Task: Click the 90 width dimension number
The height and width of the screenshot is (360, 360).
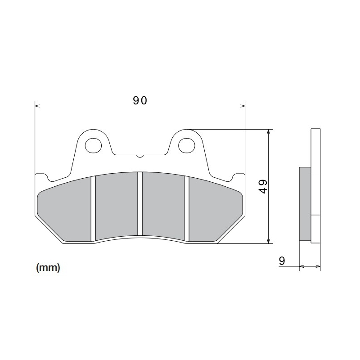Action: pos(140,100)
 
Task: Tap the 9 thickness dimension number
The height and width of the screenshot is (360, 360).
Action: pos(282,261)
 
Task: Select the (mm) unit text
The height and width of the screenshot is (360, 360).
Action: pos(48,268)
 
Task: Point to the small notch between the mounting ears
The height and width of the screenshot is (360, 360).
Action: pos(139,156)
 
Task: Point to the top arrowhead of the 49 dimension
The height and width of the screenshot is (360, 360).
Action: pos(269,132)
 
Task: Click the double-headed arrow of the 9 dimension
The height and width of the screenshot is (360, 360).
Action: pos(310,266)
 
